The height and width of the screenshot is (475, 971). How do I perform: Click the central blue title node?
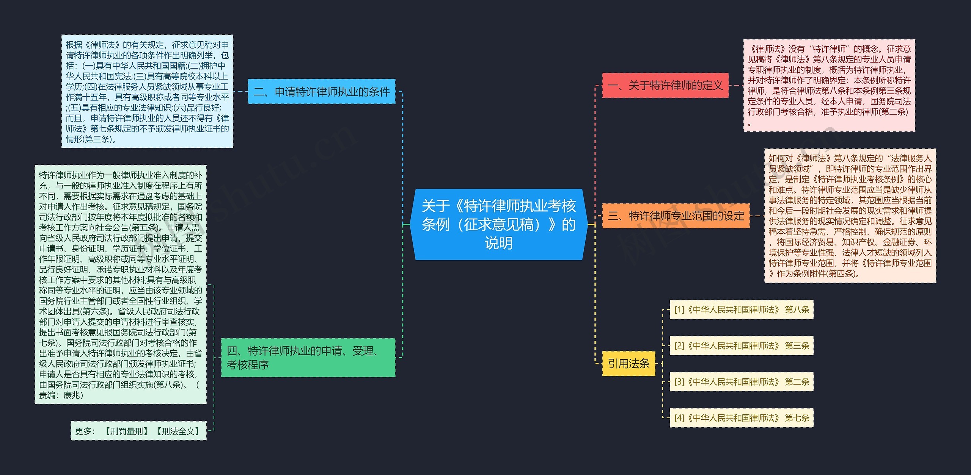tap(499, 224)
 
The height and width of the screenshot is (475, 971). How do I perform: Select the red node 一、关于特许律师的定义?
tap(665, 86)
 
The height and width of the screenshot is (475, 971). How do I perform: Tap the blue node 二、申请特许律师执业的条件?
tap(321, 92)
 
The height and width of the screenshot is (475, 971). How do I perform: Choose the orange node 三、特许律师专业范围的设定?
tap(676, 216)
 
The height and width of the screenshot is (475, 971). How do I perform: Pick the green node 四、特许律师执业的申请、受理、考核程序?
tap(308, 358)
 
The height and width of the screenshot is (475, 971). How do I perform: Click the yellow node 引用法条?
tap(628, 364)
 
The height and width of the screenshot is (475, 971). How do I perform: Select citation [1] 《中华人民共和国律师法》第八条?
tap(742, 309)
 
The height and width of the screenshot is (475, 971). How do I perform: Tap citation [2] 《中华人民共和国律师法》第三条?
tap(742, 345)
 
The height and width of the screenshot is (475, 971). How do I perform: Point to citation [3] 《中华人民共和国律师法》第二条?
tap(742, 382)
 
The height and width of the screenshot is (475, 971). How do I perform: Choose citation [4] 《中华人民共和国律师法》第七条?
tap(742, 418)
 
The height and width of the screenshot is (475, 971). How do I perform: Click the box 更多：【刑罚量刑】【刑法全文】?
tap(138, 431)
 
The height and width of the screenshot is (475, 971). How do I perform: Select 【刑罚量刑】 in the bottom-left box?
tap(126, 431)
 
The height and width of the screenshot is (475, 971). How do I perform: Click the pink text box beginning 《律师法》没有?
tap(829, 86)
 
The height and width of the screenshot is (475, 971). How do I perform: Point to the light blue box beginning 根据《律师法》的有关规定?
tap(147, 92)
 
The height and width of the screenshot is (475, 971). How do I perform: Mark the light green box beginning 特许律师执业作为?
tap(121, 285)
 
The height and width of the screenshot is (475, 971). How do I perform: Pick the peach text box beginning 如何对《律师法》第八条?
tap(850, 216)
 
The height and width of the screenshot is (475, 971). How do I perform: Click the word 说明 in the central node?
tap(499, 243)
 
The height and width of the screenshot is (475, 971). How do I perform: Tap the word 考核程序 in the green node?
tap(248, 365)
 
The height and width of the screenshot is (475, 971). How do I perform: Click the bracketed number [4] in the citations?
tap(679, 418)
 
